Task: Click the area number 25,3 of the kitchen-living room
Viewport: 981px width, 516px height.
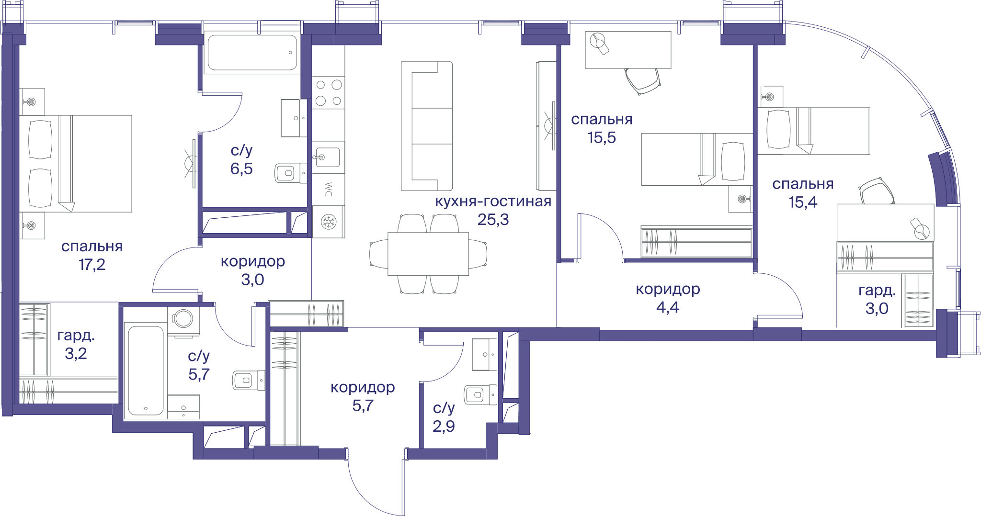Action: pyautogui.click(x=493, y=220)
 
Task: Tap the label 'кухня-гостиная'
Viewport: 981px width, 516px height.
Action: pyautogui.click(x=493, y=202)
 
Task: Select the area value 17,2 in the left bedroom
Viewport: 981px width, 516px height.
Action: pyautogui.click(x=92, y=264)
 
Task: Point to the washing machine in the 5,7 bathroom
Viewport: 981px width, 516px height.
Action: pyautogui.click(x=183, y=320)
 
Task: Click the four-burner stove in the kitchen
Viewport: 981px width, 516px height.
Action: pyautogui.click(x=329, y=93)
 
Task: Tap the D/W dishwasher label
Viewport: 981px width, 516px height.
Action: pyautogui.click(x=329, y=190)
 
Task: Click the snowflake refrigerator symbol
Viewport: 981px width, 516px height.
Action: pyautogui.click(x=329, y=222)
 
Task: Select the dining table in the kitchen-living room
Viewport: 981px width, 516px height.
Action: pyautogui.click(x=428, y=254)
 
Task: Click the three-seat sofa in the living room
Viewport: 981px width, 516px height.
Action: pyautogui.click(x=427, y=126)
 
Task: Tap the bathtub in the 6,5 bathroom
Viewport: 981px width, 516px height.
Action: pyautogui.click(x=252, y=53)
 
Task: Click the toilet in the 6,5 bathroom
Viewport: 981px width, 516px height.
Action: pyautogui.click(x=290, y=173)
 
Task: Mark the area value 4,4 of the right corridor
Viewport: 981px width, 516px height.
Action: pyautogui.click(x=668, y=307)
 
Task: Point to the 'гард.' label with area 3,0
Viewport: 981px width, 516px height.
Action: pyautogui.click(x=877, y=291)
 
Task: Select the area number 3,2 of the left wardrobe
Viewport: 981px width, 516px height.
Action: pyautogui.click(x=76, y=354)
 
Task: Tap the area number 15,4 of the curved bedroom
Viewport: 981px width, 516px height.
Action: pyautogui.click(x=803, y=202)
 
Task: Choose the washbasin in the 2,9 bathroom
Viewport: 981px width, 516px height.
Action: pyautogui.click(x=485, y=355)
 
